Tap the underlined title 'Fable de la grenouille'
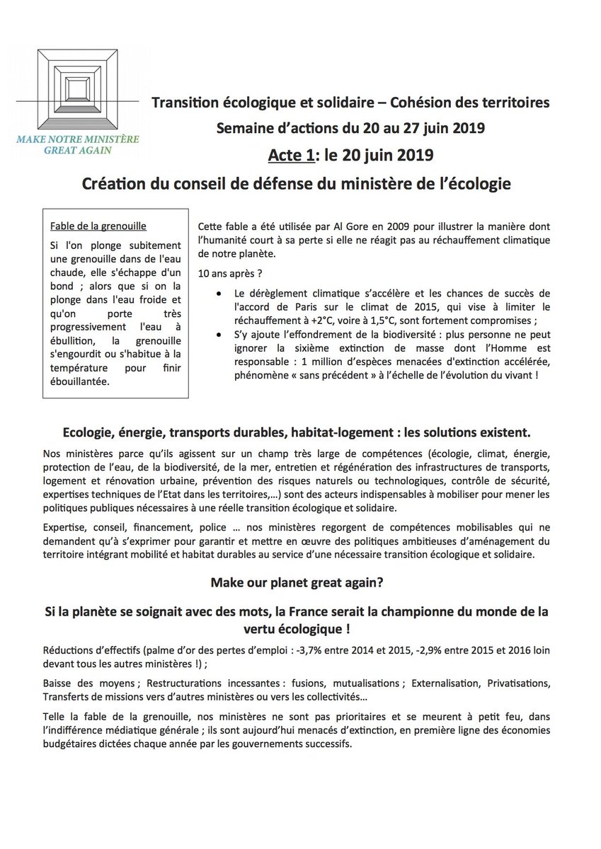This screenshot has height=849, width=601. pyautogui.click(x=98, y=227)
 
